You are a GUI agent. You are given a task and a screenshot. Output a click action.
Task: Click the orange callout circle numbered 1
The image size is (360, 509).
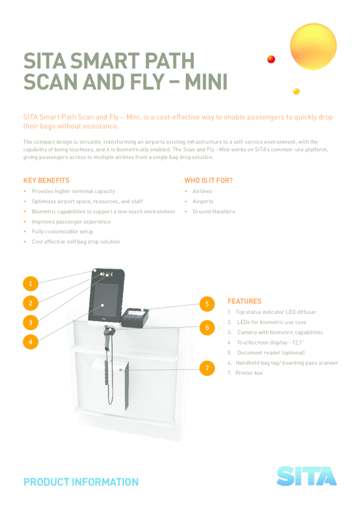pos(30,284)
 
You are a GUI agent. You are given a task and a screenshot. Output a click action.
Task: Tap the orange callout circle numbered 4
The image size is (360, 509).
pos(30,342)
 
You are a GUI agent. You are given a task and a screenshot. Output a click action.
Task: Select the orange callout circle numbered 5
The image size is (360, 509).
pos(207,304)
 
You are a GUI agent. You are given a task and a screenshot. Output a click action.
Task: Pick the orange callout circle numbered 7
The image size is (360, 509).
pos(207,368)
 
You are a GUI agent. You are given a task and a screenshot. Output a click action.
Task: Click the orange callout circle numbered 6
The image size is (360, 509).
pos(207,327)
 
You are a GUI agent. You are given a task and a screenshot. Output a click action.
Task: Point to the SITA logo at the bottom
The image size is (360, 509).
pos(306,476)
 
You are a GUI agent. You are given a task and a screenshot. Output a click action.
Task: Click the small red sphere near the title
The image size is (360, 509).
pos(271,59)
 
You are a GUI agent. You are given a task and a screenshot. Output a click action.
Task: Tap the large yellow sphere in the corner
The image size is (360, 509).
pos(313,47)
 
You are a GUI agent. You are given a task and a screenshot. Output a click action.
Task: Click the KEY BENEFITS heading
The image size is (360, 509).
pos(47,181)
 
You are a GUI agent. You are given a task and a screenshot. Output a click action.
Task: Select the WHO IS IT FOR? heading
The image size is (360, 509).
pos(209,181)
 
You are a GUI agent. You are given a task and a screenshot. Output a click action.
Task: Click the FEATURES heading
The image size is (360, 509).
pos(244,301)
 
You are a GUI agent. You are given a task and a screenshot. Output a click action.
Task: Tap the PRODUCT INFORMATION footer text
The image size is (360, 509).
pos(81,482)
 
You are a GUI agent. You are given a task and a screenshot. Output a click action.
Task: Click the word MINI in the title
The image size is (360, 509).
pos(206,82)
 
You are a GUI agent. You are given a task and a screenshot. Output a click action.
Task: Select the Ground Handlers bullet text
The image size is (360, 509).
pos(214,212)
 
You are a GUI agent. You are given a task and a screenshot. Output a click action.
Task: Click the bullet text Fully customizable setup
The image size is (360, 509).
pos(62,232)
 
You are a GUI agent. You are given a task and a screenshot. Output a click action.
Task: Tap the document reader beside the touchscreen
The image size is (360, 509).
pos(134,317)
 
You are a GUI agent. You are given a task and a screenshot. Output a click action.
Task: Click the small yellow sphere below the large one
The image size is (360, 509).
pos(296,91)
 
